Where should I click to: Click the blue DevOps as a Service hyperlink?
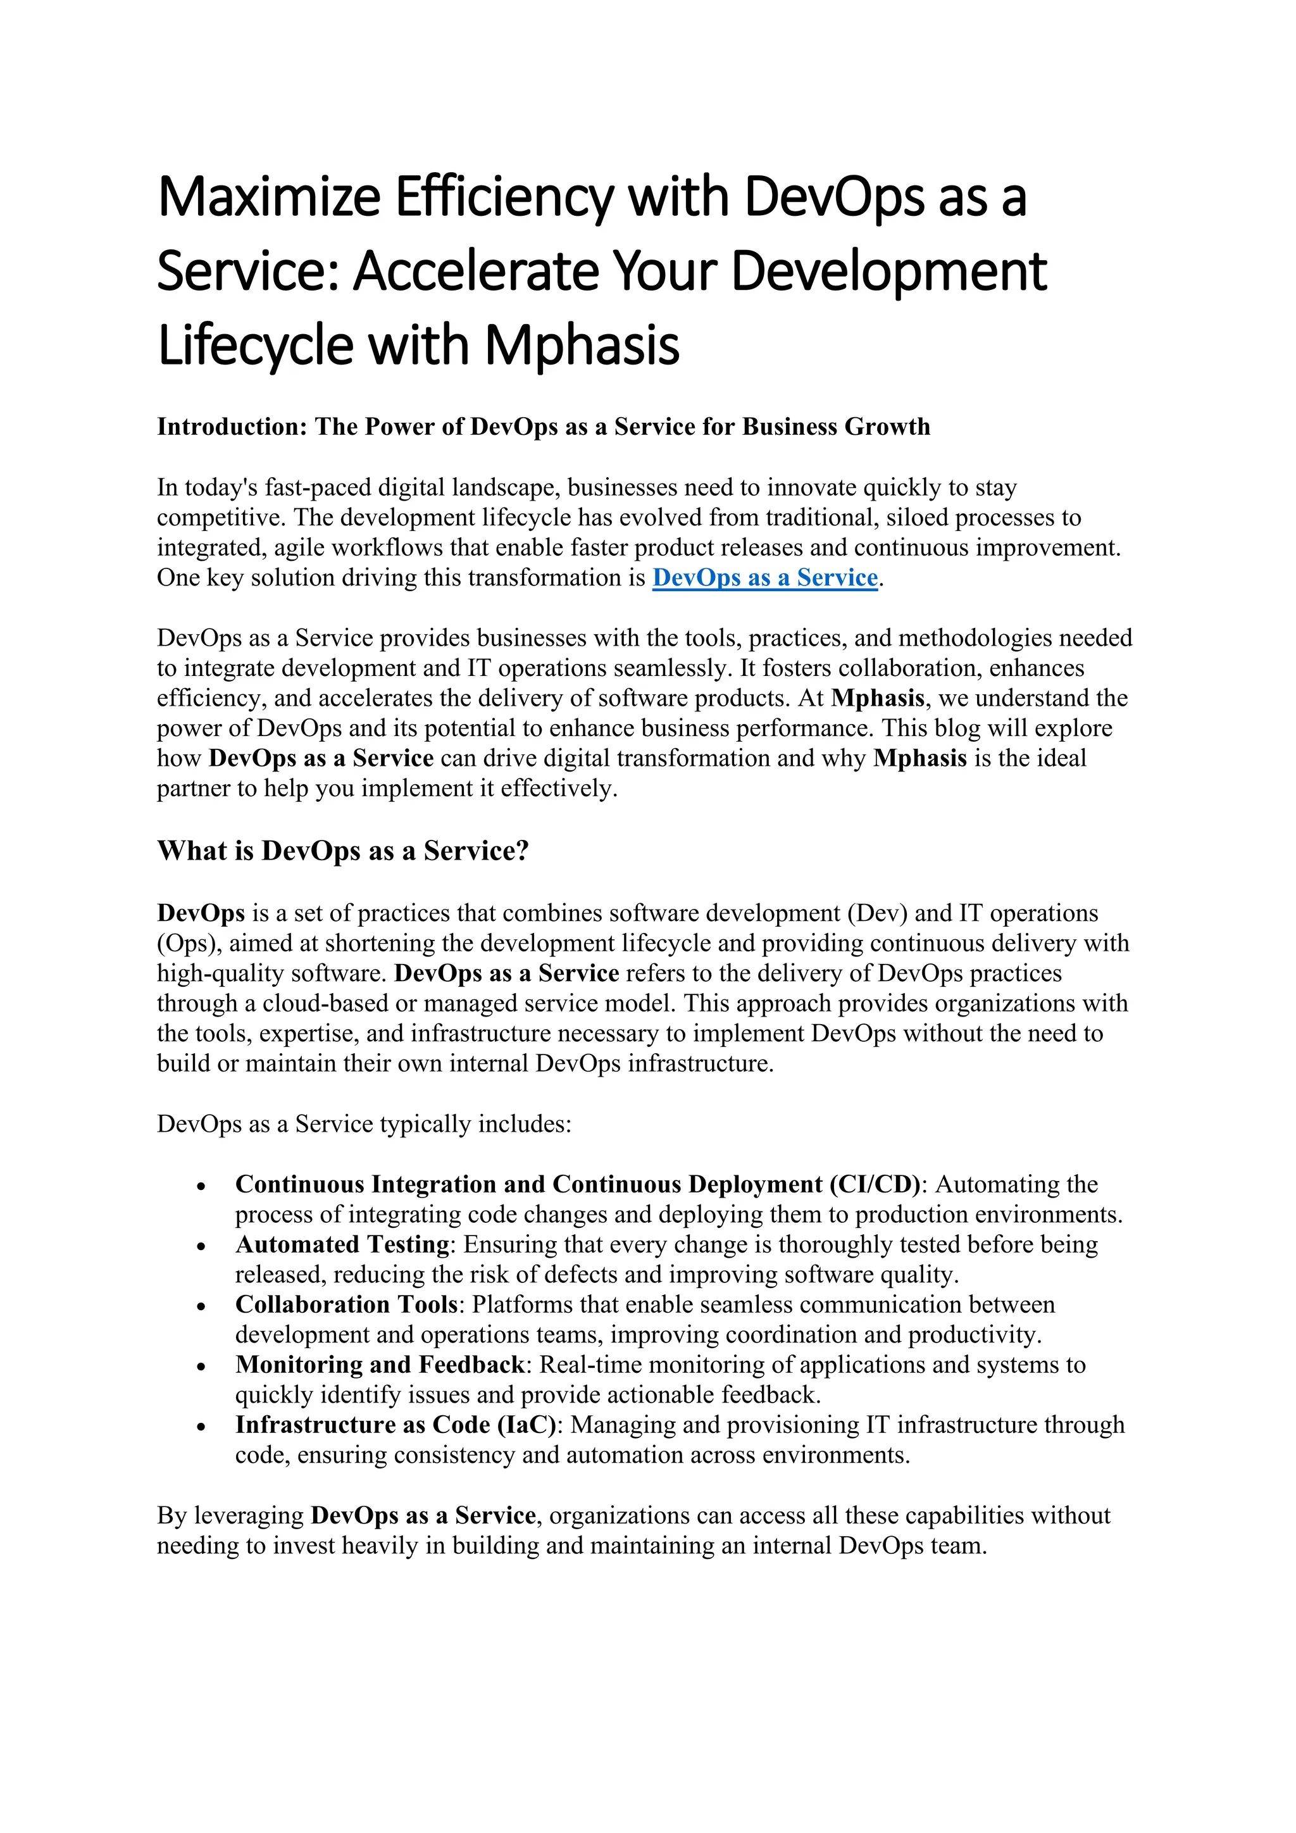point(764,578)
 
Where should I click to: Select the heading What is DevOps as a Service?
point(343,851)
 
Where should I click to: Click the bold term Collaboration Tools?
point(346,1304)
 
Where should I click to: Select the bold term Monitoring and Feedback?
point(380,1365)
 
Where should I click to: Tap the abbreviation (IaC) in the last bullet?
point(530,1424)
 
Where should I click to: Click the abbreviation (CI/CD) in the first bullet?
point(875,1184)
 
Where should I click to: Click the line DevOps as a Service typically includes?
point(364,1124)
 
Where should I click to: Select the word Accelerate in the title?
point(476,272)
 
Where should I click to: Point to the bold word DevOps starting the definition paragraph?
point(201,913)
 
